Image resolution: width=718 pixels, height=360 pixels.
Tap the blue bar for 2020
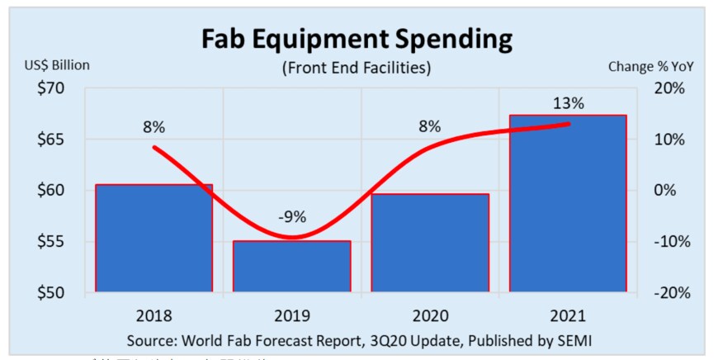point(430,243)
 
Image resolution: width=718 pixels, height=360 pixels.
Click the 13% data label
point(568,104)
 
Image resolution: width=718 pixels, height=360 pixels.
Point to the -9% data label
point(291,218)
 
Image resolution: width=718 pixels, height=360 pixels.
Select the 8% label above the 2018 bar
point(154,127)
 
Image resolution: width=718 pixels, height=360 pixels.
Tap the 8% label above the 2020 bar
point(429,127)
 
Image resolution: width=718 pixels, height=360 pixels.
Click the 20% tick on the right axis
point(668,88)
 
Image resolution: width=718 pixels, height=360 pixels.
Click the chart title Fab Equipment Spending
point(358,39)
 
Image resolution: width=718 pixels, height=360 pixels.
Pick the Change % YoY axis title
point(651,66)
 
